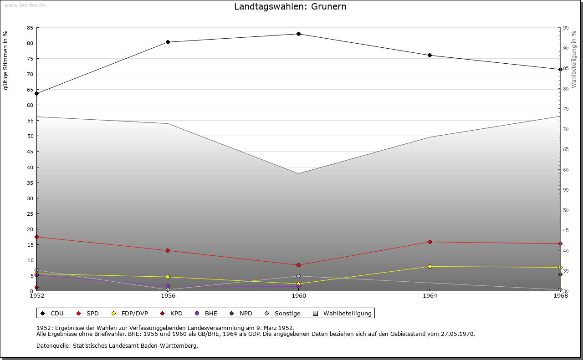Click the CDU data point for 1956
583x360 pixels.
tap(168, 42)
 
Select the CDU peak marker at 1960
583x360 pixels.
tap(298, 34)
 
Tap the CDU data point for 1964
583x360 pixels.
tap(430, 56)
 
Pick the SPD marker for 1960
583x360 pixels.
tap(298, 265)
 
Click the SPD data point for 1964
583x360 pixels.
tap(430, 242)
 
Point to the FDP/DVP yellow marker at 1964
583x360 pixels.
tap(430, 266)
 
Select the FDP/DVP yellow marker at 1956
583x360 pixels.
tap(168, 277)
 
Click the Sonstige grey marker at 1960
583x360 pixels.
tap(298, 276)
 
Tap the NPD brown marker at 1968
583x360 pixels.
tap(560, 274)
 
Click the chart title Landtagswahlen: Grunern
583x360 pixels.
tap(290, 6)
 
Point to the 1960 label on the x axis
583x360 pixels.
tap(299, 296)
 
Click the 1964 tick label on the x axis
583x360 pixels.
tap(430, 296)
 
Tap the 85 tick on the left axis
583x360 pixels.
tap(30, 28)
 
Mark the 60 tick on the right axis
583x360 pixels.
tap(566, 170)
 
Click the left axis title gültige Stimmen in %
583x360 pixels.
tap(6, 60)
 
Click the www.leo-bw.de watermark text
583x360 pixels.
tap(24, 5)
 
